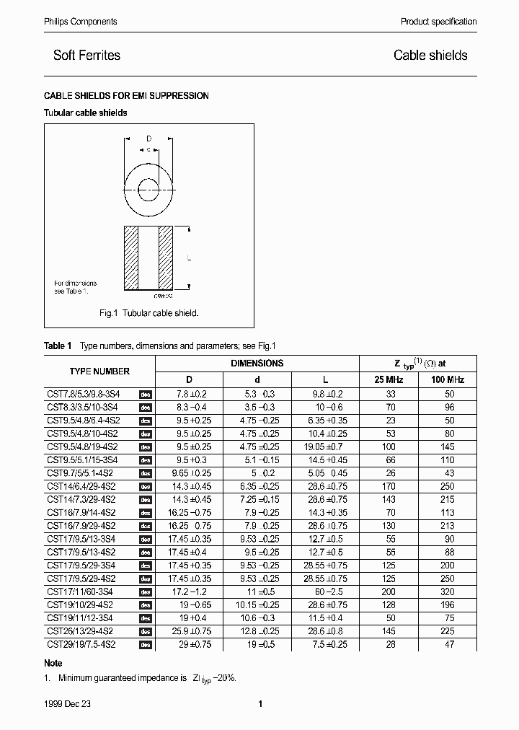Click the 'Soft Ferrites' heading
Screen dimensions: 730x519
pos(86,56)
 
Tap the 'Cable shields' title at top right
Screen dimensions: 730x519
pos(430,56)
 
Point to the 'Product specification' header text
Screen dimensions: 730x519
pos(438,22)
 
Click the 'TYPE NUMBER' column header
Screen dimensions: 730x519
pos(99,371)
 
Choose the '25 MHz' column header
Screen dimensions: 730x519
pos(390,379)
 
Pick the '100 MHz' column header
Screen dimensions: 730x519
pos(448,379)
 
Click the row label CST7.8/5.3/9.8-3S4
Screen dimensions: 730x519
pos(83,395)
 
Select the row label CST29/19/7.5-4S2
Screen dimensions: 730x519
pos(81,644)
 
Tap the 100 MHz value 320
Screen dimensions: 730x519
pos(448,592)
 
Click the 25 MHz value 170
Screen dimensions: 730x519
pos(390,487)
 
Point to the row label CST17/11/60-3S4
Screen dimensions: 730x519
pos(80,592)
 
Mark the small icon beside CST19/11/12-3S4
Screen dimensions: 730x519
pos(145,618)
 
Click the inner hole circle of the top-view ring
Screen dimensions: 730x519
pos(148,194)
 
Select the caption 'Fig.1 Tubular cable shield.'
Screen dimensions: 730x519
pos(148,314)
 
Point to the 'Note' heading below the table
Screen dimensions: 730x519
pos(53,663)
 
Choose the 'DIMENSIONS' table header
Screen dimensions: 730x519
pos(257,364)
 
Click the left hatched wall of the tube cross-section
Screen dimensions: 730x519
pos(130,259)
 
